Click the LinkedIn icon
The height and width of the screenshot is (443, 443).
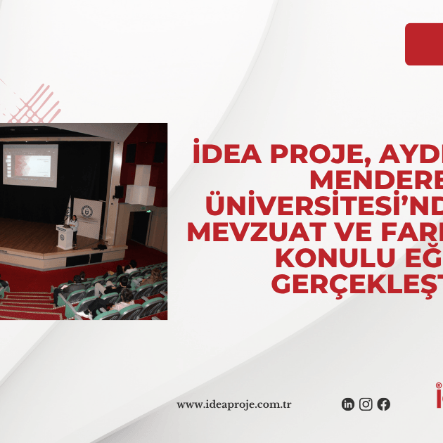348,404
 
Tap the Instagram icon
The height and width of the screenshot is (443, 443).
366,404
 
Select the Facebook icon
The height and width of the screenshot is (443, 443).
383,404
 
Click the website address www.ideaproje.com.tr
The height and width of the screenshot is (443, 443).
234,404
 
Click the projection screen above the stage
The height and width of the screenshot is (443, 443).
30,165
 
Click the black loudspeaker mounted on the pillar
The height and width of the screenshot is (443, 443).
118,191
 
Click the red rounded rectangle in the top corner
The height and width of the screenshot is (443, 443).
424,44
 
